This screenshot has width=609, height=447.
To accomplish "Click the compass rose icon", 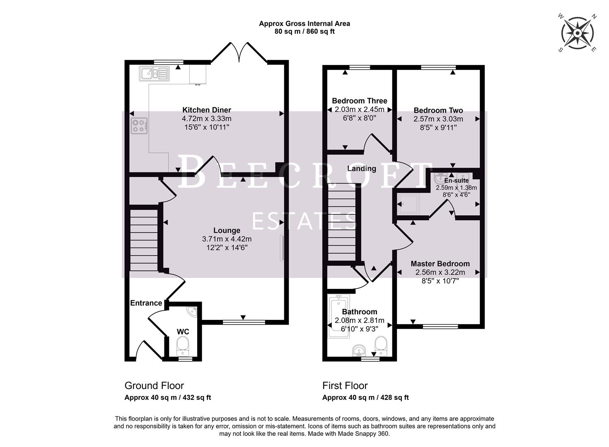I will coord(578,33).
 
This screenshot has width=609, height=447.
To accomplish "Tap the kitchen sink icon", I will coord(154,74).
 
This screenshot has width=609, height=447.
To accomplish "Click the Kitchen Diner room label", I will coord(207,110).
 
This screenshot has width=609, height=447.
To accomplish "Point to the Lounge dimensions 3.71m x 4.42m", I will coord(227,239).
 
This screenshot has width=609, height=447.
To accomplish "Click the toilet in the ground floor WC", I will coord(182,346).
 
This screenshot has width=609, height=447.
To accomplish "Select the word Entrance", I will coord(146,303).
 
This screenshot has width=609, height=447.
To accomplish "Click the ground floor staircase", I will coord(144,240).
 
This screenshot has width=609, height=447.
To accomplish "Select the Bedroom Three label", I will coord(359,101).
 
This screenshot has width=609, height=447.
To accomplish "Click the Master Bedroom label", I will coord(440,264).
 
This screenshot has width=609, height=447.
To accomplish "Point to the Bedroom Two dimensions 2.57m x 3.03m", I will coord(438,119).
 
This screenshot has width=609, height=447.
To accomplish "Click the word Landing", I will coord(361,168).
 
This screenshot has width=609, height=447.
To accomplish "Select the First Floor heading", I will coord(345,386).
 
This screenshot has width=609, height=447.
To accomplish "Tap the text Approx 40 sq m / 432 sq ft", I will coord(168,398).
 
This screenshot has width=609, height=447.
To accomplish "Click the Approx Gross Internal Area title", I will coord(304,24).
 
